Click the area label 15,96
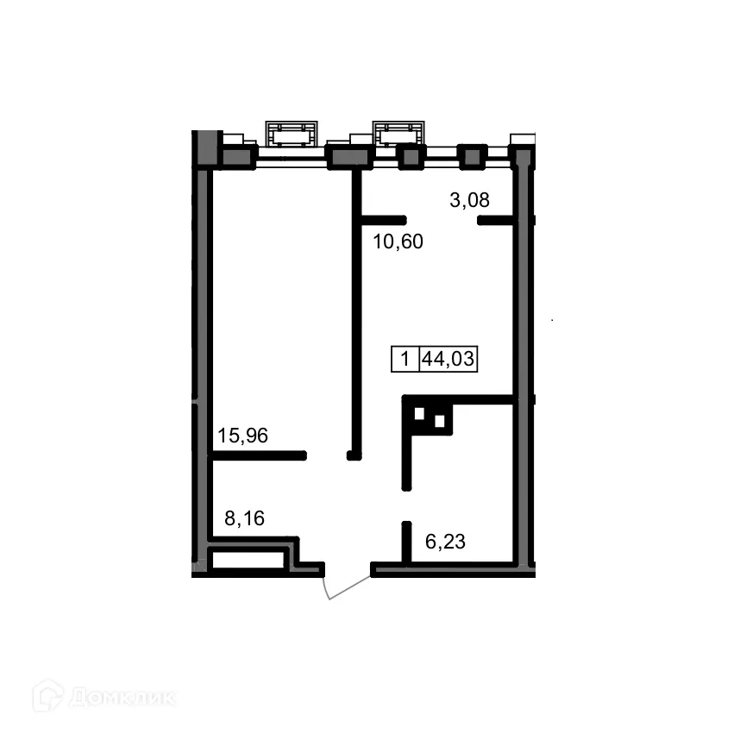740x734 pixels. click(242, 436)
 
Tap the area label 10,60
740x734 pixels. click(398, 242)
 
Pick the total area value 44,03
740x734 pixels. click(448, 359)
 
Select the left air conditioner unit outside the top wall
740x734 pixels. click(290, 135)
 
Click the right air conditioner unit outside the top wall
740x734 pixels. click(398, 134)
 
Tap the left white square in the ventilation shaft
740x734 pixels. click(419, 413)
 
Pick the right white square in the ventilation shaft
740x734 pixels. click(439, 422)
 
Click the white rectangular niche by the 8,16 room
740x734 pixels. click(248, 560)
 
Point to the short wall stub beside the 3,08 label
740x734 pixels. click(498, 221)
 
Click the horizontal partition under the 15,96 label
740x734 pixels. click(259, 455)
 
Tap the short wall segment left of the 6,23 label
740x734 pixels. click(405, 541)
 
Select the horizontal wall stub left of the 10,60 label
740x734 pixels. click(381, 219)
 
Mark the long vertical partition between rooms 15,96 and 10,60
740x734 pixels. click(354, 311)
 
